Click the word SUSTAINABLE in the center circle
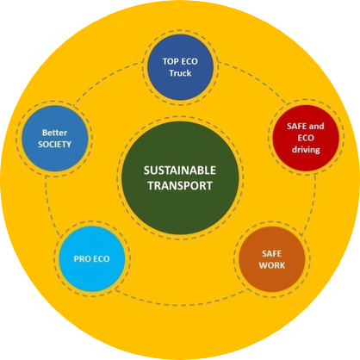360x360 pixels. click(x=180, y=171)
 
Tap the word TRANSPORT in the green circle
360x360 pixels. click(x=180, y=186)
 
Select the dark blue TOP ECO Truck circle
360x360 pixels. click(x=180, y=67)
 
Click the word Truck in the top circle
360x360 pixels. click(x=180, y=73)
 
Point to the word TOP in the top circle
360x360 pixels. click(x=169, y=61)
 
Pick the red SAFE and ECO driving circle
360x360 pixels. click(x=306, y=138)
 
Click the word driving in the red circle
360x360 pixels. click(x=306, y=150)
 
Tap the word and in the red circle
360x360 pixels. click(x=316, y=127)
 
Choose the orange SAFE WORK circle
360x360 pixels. click(x=272, y=259)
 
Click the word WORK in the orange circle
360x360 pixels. click(x=272, y=265)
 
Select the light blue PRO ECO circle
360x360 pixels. click(x=92, y=258)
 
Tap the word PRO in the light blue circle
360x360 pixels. click(x=82, y=259)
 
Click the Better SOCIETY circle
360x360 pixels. click(x=54, y=139)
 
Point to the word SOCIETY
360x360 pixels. click(x=54, y=145)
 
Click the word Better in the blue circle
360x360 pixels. click(x=54, y=133)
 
